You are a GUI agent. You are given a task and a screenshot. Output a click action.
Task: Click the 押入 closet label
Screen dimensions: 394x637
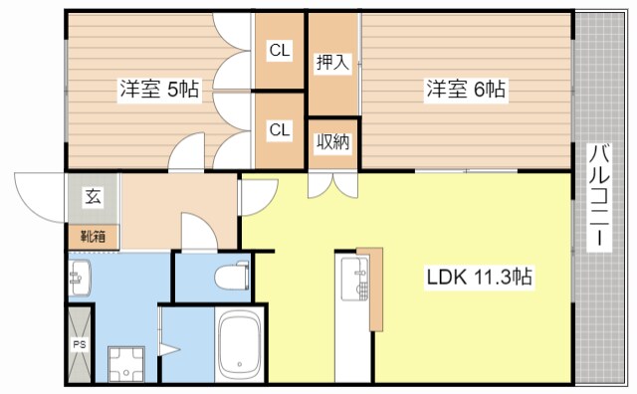332,63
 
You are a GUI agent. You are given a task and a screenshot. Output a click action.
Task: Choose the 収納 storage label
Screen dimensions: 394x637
332,142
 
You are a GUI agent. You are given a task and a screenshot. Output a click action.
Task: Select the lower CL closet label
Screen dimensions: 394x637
279,129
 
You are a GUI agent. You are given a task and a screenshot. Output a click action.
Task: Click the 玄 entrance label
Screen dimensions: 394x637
92,197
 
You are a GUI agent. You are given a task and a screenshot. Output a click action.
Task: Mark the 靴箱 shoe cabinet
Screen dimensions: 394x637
92,238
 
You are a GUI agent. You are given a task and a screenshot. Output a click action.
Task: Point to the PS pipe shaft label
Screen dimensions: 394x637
79,346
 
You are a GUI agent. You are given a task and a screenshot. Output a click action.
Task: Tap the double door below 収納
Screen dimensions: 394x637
329,183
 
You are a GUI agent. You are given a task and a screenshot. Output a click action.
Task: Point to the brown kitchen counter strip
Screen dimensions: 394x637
375,289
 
